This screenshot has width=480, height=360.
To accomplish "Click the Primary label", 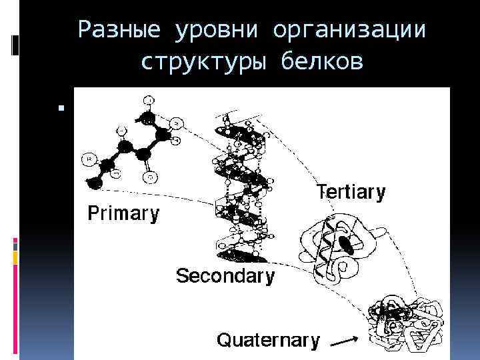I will tap(124, 213).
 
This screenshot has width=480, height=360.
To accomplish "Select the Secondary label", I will tap(225, 276).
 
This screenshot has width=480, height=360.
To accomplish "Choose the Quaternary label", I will tap(268, 341).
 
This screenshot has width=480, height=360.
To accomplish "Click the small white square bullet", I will tap(60, 107).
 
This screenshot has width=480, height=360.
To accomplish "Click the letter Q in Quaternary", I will tap(225, 341).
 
